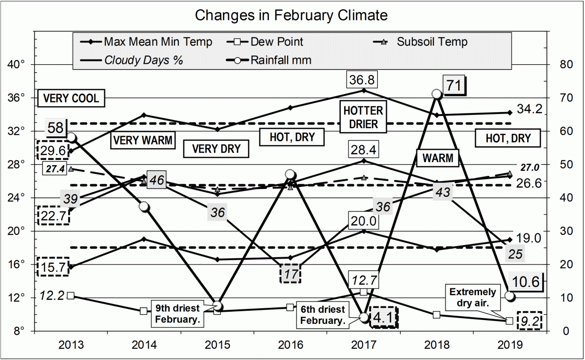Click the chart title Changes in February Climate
tap(292, 15)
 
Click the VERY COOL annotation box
tap(71, 98)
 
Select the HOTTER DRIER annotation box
tap(363, 116)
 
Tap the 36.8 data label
tap(363, 78)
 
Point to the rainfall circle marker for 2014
tap(144, 207)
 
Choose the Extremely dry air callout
tap(472, 298)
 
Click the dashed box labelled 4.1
tap(384, 317)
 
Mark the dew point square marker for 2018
tap(436, 315)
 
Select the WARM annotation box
tap(438, 158)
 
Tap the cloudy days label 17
tap(291, 274)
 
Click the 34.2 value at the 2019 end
tap(530, 110)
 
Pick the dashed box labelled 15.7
tap(54, 266)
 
